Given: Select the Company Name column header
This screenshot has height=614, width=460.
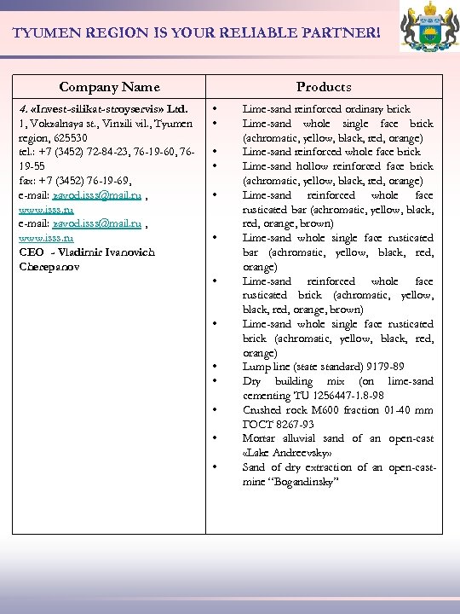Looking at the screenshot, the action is point(109,87).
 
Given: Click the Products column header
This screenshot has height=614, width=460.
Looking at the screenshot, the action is point(324,87).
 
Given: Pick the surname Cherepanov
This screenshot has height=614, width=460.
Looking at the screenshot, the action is point(54,267).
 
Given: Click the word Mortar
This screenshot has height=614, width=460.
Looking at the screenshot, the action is point(259,438).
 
